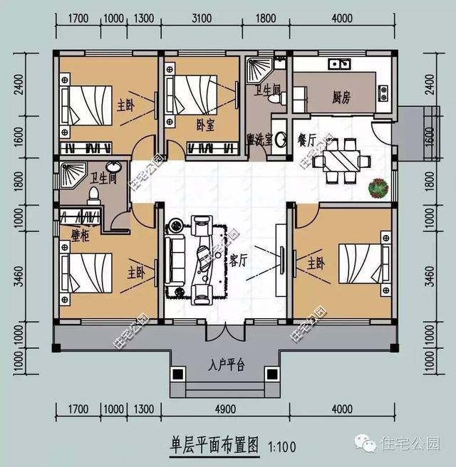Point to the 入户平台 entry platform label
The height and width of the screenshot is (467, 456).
[x=227, y=366]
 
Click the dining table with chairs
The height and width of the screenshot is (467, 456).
[x=340, y=159]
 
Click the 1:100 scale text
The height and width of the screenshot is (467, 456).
[x=283, y=446]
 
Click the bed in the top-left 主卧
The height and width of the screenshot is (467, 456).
[x=87, y=105]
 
